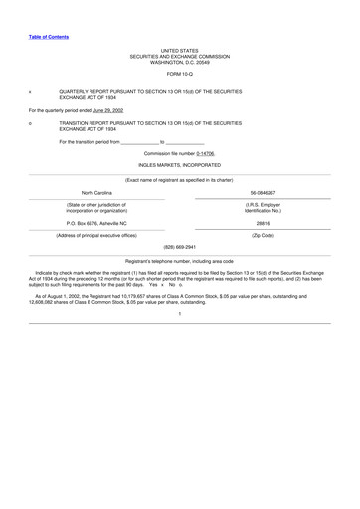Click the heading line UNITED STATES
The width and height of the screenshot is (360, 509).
180,49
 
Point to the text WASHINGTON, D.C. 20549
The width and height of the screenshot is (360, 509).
180,62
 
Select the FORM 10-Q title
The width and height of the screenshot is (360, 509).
180,75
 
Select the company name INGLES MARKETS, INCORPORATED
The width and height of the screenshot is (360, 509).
180,167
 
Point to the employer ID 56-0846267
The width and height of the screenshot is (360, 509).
264,191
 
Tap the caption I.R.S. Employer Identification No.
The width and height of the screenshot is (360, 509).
264,208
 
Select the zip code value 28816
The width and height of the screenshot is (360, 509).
264,225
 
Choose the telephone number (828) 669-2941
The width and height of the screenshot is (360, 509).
180,247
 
